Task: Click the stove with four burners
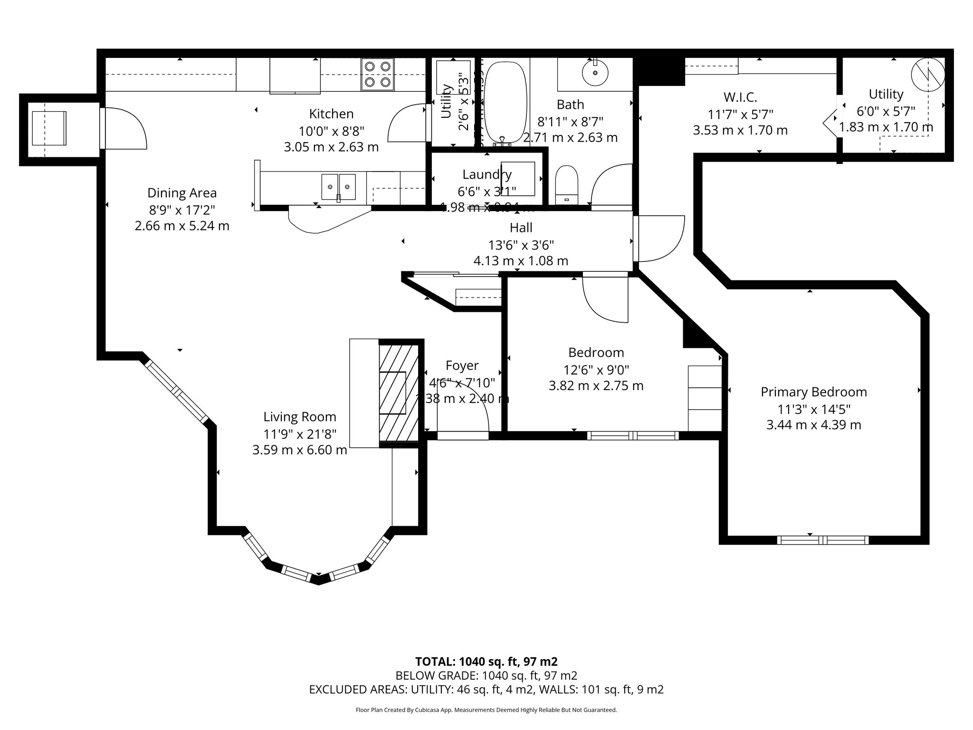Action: tap(378, 74)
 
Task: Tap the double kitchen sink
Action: tap(338, 187)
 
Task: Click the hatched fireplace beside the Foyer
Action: tap(398, 393)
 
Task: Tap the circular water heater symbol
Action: tap(927, 75)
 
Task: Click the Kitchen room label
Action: tap(331, 114)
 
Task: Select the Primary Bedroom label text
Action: tap(813, 392)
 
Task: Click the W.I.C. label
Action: tap(740, 97)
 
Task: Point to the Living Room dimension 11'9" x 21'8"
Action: tap(300, 433)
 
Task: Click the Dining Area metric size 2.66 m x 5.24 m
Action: tap(182, 226)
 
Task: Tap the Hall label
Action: tap(521, 228)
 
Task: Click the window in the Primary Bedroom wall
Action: tap(822, 540)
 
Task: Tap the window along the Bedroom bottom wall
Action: tap(633, 435)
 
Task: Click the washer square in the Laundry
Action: tap(518, 179)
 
